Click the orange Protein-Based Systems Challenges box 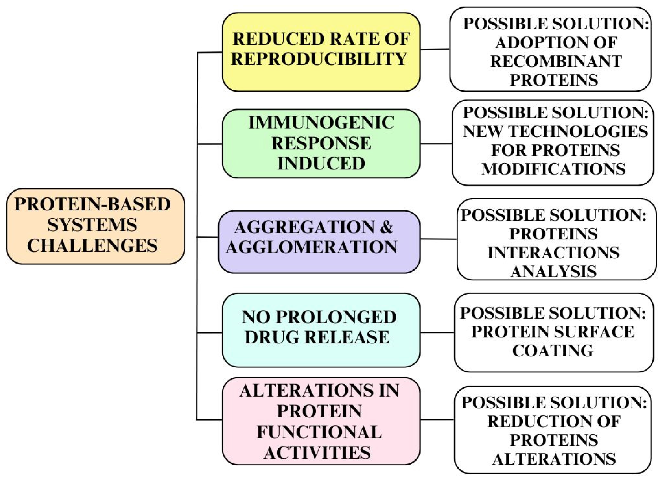click(x=95, y=226)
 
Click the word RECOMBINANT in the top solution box click(x=556, y=62)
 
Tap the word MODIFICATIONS click(x=553, y=169)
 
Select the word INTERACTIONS click(x=553, y=252)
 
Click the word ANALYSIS click(x=553, y=271)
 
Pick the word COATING click(x=553, y=351)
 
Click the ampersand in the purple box click(x=387, y=227)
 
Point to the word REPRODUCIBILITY click(x=319, y=59)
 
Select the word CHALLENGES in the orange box click(x=92, y=245)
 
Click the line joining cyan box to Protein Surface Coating click(x=437, y=332)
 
